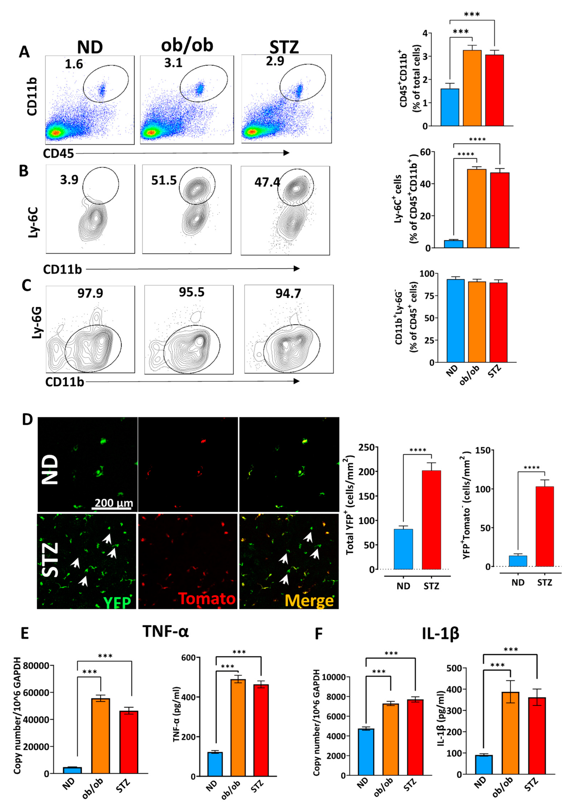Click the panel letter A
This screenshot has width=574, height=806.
tap(24, 52)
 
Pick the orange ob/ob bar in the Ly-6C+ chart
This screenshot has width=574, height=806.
tap(476, 209)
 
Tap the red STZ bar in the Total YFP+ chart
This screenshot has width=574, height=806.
tap(431, 520)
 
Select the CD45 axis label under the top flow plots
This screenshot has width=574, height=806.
tap(58, 153)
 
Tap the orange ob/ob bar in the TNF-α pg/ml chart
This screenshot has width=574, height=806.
tap(238, 728)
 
